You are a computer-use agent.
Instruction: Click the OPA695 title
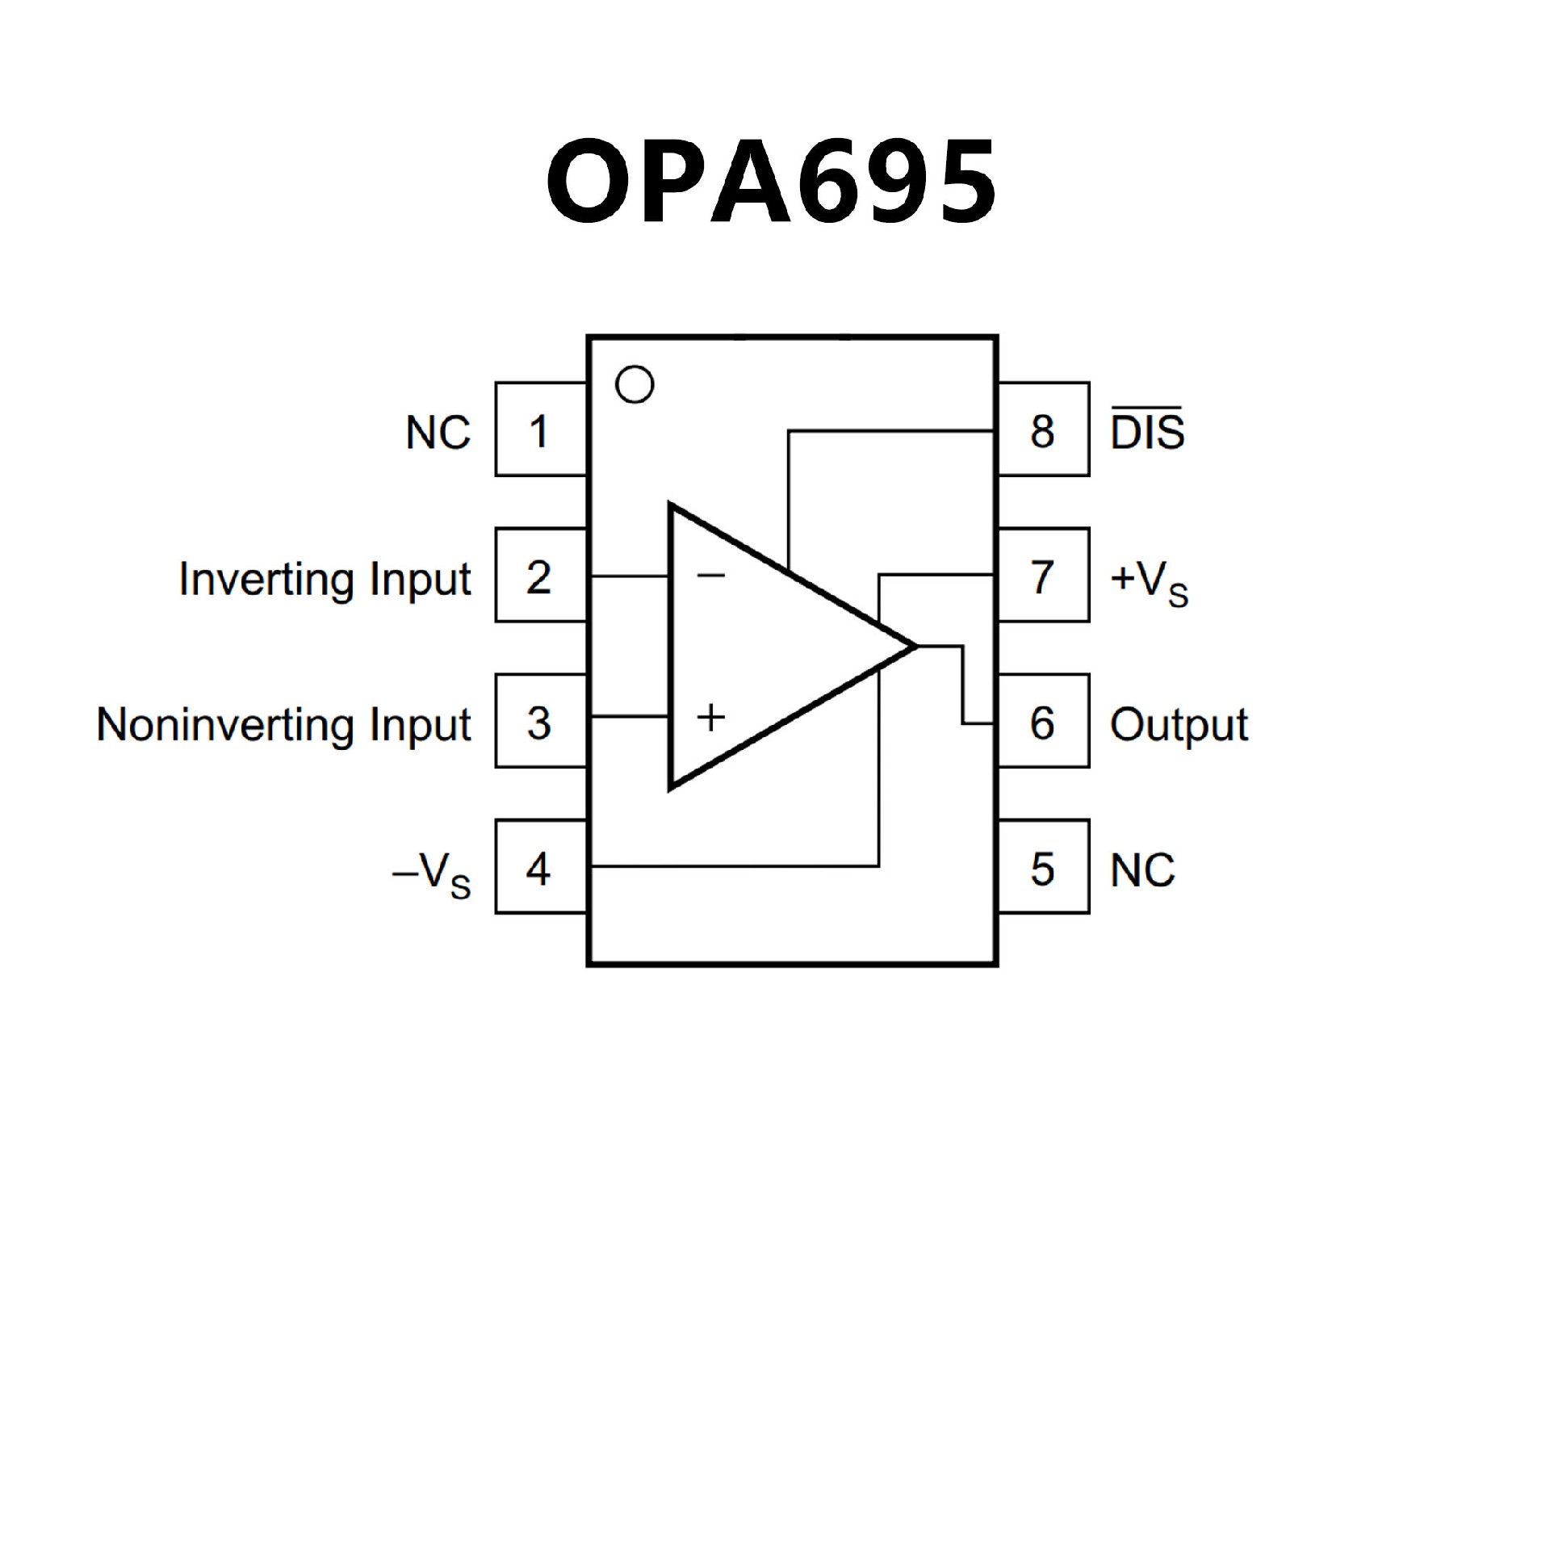pos(771,181)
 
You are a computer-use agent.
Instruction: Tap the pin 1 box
pos(540,429)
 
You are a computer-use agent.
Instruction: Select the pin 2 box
pos(540,576)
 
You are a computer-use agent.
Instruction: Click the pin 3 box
pos(540,721)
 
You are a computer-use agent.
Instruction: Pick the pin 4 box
pos(540,867)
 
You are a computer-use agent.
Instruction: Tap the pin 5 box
pos(1043,867)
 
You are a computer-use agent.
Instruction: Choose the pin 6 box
pos(1043,721)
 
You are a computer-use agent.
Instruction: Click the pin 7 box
pos(1043,576)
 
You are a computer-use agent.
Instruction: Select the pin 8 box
pos(1043,429)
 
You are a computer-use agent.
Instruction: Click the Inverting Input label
pos(325,579)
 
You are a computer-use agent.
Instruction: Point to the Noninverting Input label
pos(283,724)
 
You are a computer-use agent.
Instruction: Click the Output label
pos(1179,724)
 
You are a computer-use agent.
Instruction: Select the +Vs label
pos(1149,581)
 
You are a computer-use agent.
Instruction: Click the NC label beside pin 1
pos(438,433)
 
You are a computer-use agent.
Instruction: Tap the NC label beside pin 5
pos(1142,870)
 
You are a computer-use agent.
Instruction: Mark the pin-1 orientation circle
pos(635,385)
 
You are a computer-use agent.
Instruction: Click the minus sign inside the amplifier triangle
pos(711,575)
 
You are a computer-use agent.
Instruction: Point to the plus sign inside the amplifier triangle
pos(711,717)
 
